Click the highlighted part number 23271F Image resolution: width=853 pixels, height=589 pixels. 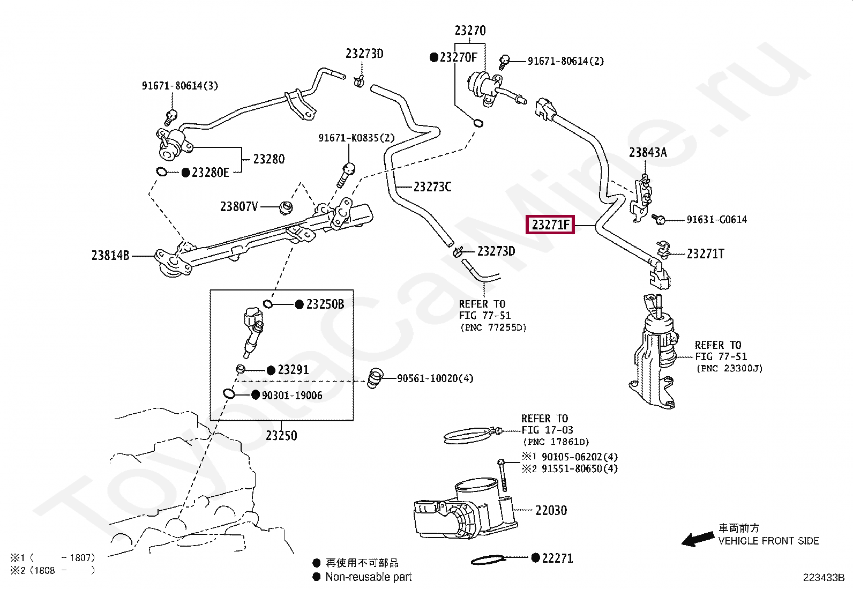[x=550, y=225]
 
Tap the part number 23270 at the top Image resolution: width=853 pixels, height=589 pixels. [x=470, y=31]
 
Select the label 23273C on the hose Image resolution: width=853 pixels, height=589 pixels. [x=432, y=187]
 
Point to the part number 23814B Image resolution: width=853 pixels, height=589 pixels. [x=110, y=256]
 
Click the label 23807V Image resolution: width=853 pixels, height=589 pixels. [x=239, y=207]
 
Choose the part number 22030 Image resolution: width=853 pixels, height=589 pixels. [x=551, y=511]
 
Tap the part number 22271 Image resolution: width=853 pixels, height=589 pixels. [x=557, y=558]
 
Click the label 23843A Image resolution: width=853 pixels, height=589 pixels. [x=648, y=153]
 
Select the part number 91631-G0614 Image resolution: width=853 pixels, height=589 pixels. [x=716, y=220]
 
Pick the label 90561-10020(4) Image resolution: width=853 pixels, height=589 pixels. [x=435, y=379]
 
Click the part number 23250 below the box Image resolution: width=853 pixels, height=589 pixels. [x=281, y=436]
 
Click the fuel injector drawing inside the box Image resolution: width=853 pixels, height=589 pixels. [x=252, y=330]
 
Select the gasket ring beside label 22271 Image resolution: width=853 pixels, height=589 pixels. [x=488, y=561]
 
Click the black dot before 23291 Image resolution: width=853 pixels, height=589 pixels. [x=271, y=370]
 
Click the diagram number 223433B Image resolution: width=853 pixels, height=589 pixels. [x=823, y=578]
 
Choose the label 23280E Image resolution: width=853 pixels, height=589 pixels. [x=210, y=173]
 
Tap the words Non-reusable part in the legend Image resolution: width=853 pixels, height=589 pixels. [x=369, y=577]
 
